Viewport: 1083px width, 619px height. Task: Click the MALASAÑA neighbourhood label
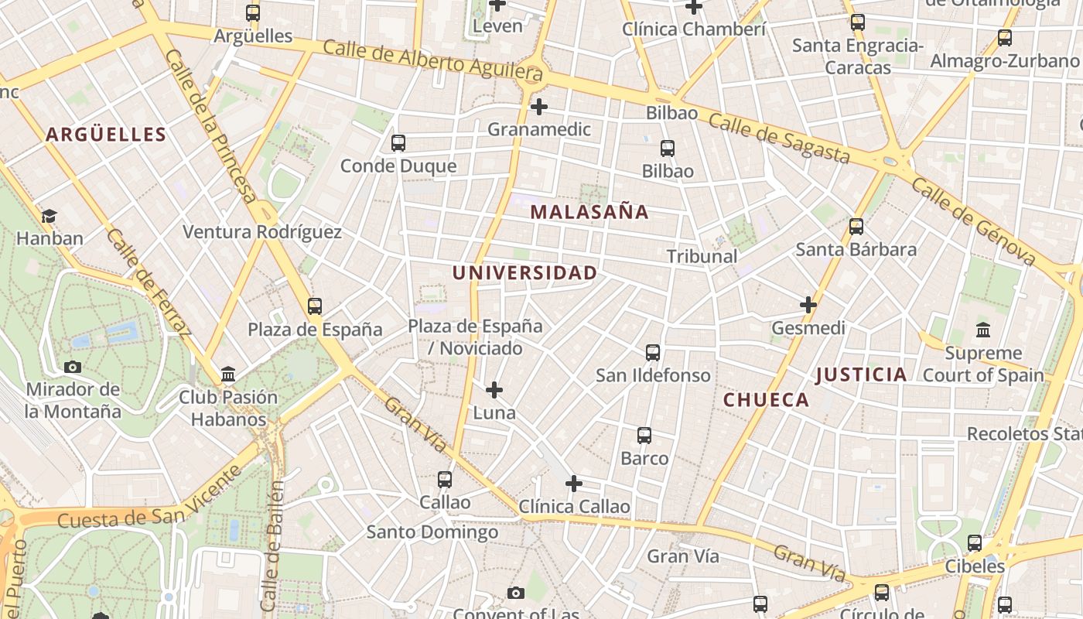coord(589,212)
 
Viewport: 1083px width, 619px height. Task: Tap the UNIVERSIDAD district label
coord(524,273)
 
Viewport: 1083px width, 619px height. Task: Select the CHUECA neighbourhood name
coord(766,400)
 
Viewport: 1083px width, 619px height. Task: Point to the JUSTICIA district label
coord(861,375)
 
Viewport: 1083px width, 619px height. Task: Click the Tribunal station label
coord(702,256)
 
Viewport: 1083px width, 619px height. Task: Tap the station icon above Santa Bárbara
coord(856,227)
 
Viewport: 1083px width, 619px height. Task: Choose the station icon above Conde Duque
coord(398,143)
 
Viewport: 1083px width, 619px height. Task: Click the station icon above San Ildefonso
coord(653,353)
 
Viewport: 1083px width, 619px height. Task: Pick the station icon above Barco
coord(644,436)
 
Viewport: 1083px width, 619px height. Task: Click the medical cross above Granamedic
coord(539,107)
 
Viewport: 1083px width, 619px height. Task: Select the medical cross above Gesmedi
coord(808,305)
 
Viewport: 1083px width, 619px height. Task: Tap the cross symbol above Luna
coord(494,390)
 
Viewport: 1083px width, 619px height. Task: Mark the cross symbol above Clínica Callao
coord(573,484)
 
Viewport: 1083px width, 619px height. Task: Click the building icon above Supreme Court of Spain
coord(983,330)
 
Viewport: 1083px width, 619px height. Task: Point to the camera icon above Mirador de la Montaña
coord(73,367)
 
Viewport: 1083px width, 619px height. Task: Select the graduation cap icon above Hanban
coord(50,216)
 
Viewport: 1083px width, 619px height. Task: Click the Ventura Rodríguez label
coord(261,232)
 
